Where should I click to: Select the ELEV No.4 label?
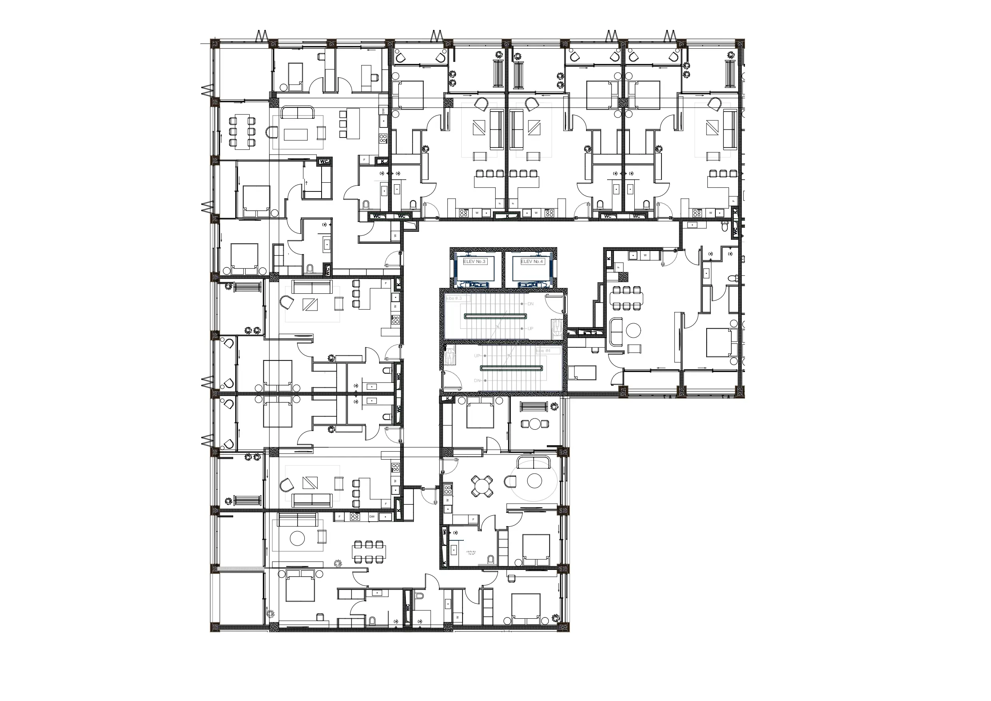tap(532, 261)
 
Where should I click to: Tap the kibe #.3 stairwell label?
tap(454, 299)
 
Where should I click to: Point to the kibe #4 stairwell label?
tap(543, 351)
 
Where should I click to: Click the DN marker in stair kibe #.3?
tap(530, 304)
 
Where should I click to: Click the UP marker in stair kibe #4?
tap(477, 356)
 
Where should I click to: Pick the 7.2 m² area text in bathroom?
tap(471, 553)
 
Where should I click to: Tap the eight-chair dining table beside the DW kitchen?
tap(242, 131)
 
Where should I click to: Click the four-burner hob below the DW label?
tap(383, 139)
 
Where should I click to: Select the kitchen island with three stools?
tap(353, 123)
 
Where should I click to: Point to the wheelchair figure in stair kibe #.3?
tap(558, 328)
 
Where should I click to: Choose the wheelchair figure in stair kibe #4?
tap(450, 357)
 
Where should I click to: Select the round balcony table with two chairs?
tap(535, 424)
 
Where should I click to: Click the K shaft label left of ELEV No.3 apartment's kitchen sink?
tap(609, 258)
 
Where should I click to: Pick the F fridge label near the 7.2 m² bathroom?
tap(473, 520)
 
